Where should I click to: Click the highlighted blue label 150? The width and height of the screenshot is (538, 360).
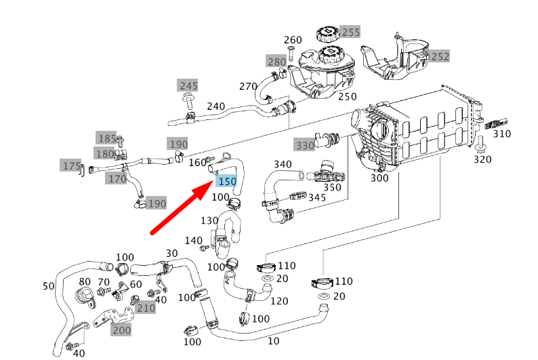tap(226, 182)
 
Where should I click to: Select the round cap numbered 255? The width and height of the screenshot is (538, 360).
tap(326, 35)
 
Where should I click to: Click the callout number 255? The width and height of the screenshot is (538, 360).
tap(350, 32)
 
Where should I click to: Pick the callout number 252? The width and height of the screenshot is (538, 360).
tap(440, 56)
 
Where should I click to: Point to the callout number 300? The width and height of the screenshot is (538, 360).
tap(380, 178)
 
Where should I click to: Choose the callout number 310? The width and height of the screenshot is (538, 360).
tap(501, 134)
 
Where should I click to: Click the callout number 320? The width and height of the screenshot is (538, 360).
tap(482, 159)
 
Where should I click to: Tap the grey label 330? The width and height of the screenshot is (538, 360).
tap(304, 145)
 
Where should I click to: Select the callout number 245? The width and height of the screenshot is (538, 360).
tap(188, 85)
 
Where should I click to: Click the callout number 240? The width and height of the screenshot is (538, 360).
tap(215, 106)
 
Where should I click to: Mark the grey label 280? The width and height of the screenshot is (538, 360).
tap(276, 62)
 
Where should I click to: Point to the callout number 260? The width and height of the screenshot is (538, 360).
tap(293, 40)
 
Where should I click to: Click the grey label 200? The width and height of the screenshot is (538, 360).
tap(121, 330)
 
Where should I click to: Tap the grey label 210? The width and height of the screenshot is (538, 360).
tap(146, 308)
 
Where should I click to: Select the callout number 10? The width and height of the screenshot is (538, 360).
tap(274, 340)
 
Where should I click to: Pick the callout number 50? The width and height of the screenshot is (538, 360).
tap(48, 286)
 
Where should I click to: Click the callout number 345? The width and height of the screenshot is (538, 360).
tap(316, 198)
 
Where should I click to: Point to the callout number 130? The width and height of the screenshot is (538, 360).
tap(209, 220)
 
